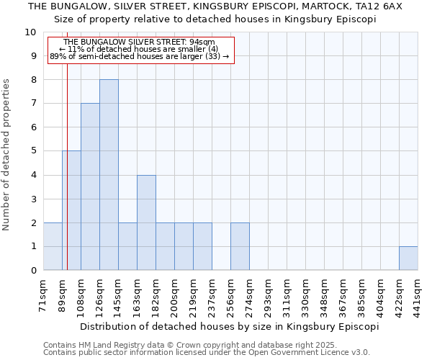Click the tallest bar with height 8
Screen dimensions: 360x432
[x=109, y=175]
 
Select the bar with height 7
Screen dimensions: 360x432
[x=90, y=186]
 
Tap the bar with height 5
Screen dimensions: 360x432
[x=71, y=210]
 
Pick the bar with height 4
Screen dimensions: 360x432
[x=146, y=222]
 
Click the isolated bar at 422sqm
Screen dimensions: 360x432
[x=408, y=258]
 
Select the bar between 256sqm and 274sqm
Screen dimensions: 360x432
[x=240, y=246]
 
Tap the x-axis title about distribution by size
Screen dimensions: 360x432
[x=229, y=326]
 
